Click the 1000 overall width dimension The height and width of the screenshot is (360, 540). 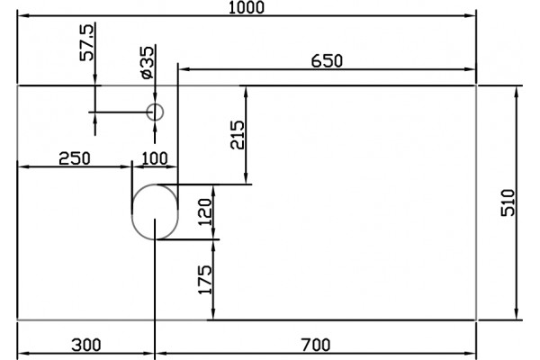(x=247, y=7)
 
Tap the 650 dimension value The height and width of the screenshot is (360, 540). (x=327, y=61)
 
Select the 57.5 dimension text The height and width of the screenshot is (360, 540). (x=86, y=42)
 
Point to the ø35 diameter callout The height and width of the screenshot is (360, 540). (x=148, y=62)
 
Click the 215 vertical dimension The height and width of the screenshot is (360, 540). (x=238, y=135)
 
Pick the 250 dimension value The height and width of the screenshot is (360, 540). (x=75, y=158)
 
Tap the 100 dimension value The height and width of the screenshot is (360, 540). (x=155, y=158)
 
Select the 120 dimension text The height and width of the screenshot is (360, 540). (x=205, y=211)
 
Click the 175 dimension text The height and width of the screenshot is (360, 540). (x=205, y=280)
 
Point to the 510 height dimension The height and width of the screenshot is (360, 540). (x=508, y=202)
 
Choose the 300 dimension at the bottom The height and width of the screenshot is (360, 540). (x=86, y=345)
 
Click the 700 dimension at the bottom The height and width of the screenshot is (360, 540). (x=316, y=345)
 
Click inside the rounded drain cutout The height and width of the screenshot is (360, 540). (x=155, y=211)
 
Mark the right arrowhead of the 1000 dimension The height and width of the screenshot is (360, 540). (x=471, y=15)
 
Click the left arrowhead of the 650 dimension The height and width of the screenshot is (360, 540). (x=184, y=69)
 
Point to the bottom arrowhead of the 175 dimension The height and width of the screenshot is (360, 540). (x=213, y=313)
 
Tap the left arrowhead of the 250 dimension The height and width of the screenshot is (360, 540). (x=23, y=166)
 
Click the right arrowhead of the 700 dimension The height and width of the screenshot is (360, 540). (x=471, y=353)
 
